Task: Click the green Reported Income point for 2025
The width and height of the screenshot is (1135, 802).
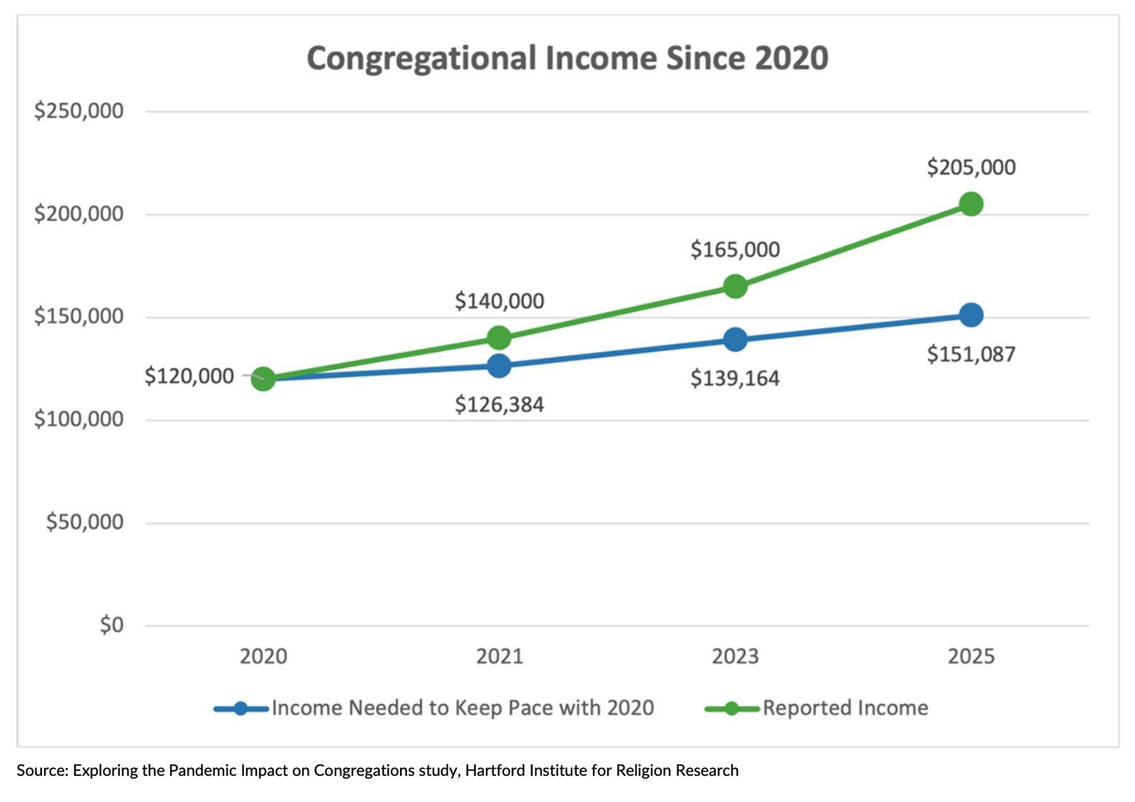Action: (970, 204)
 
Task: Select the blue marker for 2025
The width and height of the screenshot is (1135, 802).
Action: (970, 315)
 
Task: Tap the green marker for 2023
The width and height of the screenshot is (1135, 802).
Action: (735, 286)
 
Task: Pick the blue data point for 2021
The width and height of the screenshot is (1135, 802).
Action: (499, 366)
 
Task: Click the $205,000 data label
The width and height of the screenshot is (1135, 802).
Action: (970, 167)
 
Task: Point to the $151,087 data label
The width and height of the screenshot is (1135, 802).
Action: (970, 354)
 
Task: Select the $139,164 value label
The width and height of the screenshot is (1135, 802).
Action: (735, 379)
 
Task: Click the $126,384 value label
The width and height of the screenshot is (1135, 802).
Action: (499, 405)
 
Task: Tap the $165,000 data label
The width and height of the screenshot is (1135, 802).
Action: (735, 250)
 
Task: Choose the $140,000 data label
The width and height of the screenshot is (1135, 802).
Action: (499, 301)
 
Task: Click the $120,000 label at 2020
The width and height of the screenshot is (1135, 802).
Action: (189, 377)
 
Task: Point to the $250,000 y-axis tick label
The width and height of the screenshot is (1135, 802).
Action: (79, 111)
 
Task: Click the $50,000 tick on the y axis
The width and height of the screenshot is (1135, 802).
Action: (84, 523)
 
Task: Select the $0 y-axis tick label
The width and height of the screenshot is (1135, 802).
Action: (111, 625)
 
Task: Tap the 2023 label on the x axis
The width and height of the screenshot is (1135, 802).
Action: (735, 657)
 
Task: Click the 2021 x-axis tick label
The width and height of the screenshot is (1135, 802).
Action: (499, 657)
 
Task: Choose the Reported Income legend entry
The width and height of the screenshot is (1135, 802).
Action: (844, 708)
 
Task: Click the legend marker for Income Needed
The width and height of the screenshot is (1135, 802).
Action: (240, 708)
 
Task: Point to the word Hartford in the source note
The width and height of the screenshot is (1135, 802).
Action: (492, 771)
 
